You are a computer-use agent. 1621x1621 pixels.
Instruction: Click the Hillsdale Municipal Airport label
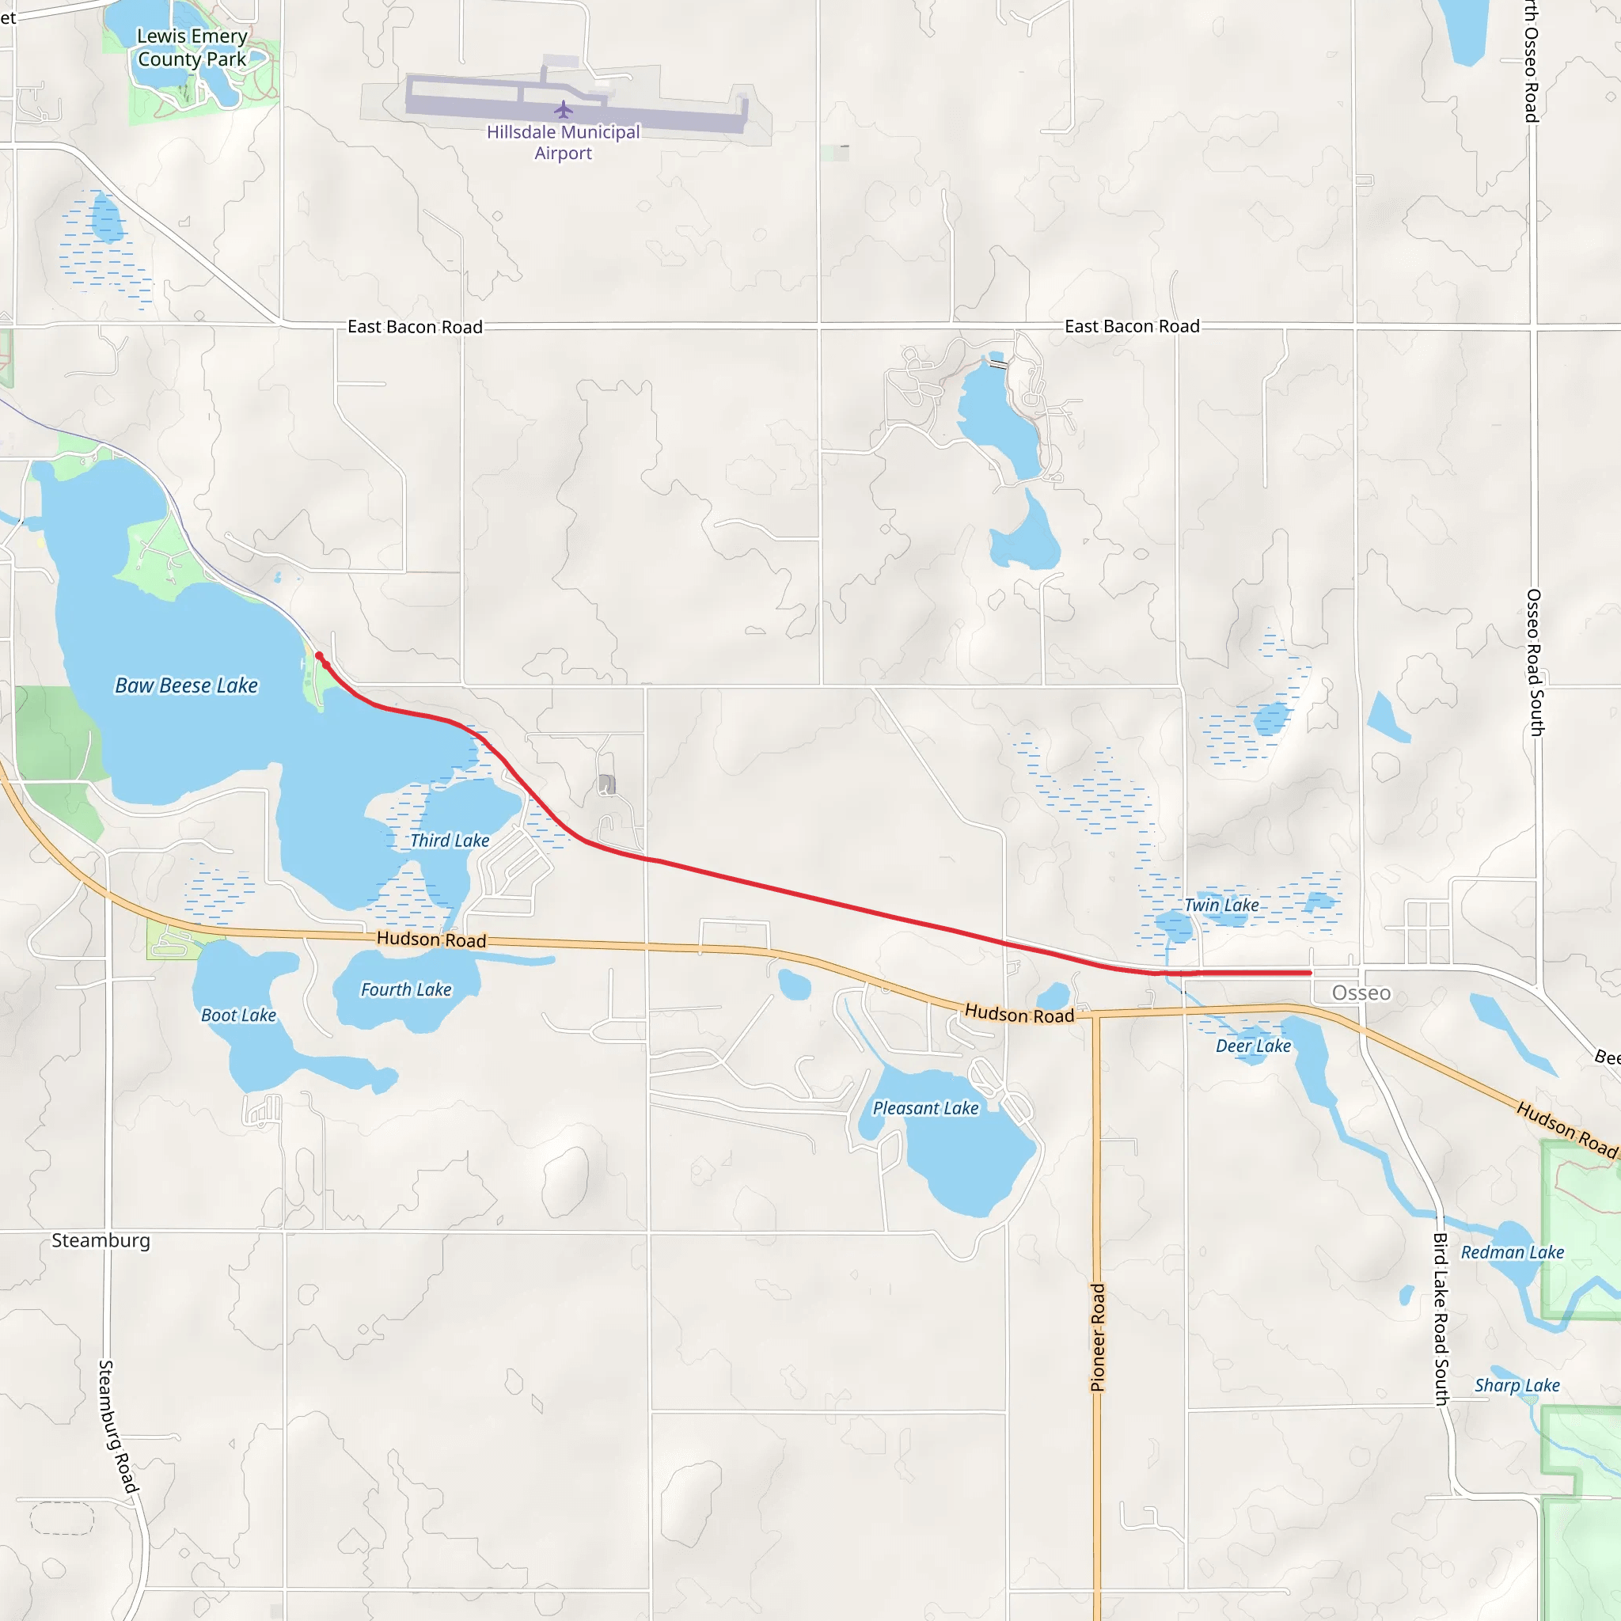point(563,142)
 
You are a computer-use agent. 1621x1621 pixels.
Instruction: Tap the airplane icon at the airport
point(563,110)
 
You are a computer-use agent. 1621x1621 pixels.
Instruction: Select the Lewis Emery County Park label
point(192,47)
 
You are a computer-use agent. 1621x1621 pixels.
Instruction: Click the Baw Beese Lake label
point(186,685)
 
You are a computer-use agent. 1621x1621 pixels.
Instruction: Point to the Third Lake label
point(450,840)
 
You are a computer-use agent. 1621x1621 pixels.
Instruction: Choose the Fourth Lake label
point(406,989)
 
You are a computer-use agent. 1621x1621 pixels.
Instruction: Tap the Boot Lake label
point(238,1015)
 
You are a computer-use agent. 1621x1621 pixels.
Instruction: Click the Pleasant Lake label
point(925,1107)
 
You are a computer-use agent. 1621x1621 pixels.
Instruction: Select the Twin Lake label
point(1220,905)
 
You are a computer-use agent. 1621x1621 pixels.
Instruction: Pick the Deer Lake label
point(1254,1046)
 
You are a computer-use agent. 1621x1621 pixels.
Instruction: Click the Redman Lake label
point(1513,1252)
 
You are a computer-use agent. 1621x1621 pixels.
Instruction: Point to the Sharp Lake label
point(1517,1385)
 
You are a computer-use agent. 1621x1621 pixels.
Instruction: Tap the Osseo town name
point(1361,993)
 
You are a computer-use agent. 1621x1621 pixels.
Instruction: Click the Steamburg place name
point(101,1240)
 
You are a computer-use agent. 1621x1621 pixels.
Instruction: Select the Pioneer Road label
point(1098,1338)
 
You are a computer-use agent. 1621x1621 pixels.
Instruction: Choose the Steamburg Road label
point(116,1426)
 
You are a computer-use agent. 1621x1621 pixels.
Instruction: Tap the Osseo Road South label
point(1535,662)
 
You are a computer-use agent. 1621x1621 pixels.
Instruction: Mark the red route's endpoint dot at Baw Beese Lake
point(319,656)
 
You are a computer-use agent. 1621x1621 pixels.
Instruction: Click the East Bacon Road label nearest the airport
point(416,326)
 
